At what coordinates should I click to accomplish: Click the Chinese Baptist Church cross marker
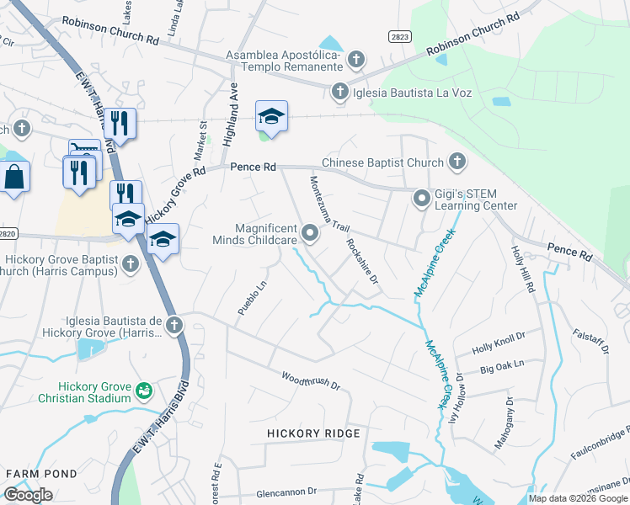pyautogui.click(x=456, y=160)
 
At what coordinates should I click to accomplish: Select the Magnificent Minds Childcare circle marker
pyautogui.click(x=310, y=232)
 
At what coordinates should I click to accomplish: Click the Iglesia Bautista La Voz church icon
pyautogui.click(x=340, y=91)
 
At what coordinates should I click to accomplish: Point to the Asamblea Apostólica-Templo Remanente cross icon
pyautogui.click(x=356, y=58)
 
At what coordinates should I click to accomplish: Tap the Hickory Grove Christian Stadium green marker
pyautogui.click(x=144, y=390)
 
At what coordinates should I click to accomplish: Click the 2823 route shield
pyautogui.click(x=400, y=36)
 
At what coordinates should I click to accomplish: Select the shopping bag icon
pyautogui.click(x=14, y=177)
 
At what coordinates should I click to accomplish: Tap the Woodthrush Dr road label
pyautogui.click(x=310, y=381)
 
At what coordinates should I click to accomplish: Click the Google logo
pyautogui.click(x=28, y=495)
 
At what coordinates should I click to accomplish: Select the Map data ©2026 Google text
pyautogui.click(x=578, y=498)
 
